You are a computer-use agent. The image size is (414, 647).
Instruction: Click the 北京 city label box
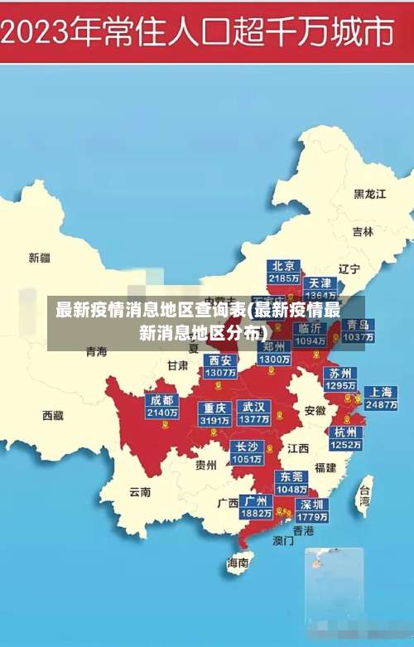[x=284, y=272]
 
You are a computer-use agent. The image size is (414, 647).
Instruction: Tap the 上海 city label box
[x=381, y=398]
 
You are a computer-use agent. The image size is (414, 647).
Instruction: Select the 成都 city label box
[x=161, y=406]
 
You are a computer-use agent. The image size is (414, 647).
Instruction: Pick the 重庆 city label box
[x=214, y=413]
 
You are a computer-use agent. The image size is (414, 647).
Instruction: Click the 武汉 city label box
[x=253, y=413]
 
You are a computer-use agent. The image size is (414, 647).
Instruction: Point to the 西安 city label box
[x=220, y=366]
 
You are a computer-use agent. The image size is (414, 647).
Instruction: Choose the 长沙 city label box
[x=248, y=452]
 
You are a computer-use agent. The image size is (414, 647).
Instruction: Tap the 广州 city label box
[x=256, y=506]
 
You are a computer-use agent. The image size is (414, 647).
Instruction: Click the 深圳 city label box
[x=313, y=510]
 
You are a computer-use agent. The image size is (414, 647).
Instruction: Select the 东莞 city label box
[x=292, y=483]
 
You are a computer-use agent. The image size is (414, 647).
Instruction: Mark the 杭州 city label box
[x=346, y=438]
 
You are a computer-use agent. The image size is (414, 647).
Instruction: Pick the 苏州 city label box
[x=339, y=379]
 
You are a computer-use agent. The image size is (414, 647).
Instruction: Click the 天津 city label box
[x=320, y=289]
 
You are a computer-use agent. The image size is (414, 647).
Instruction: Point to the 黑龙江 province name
[x=370, y=194]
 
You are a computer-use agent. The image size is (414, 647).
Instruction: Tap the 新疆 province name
[x=39, y=258]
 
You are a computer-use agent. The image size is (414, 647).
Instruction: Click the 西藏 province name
[x=52, y=415]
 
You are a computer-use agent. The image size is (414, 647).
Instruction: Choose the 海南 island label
[x=238, y=563]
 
